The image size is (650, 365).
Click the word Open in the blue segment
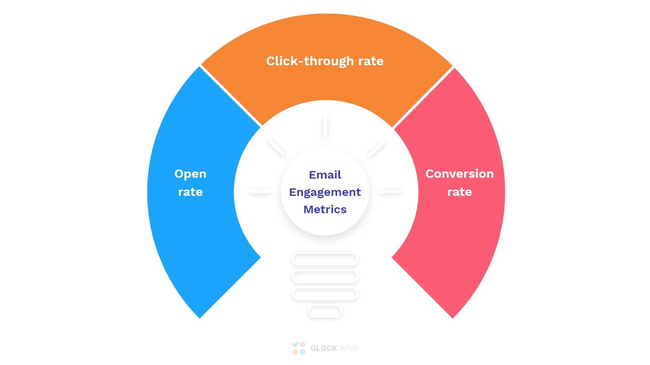pos(190,174)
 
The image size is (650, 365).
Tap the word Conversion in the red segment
pos(459,174)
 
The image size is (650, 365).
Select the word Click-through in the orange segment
pos(309,61)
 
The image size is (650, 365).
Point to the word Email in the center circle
pos(325,175)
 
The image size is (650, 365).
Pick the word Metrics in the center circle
pos(325,209)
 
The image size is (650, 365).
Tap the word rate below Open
pos(190,192)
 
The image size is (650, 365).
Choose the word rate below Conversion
pos(460,192)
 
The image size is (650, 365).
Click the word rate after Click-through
pos(371,61)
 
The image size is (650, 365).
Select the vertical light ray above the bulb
pos(325,127)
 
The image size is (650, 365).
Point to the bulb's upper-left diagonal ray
pos(277,147)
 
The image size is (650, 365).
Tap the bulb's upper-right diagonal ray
pos(376,148)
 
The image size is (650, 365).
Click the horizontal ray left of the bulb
pos(260,192)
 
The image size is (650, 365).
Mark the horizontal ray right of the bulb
pos(390,192)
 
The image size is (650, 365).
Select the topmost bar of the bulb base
pos(325,259)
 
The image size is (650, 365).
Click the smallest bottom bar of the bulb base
pos(325,311)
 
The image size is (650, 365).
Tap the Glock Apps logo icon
pos(299,348)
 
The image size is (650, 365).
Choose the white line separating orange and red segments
pos(423,97)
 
